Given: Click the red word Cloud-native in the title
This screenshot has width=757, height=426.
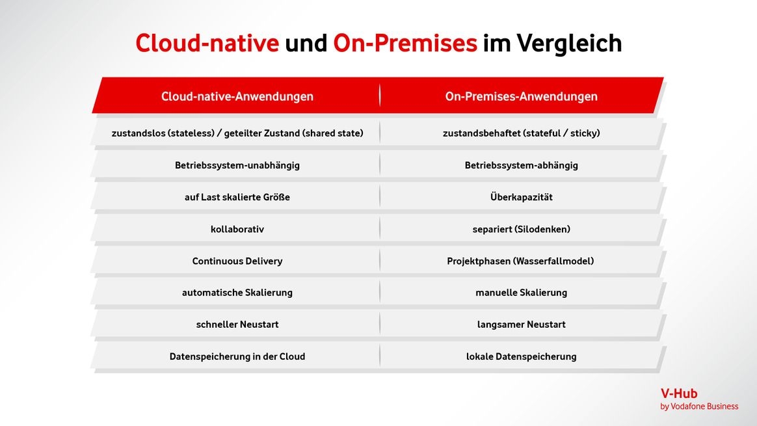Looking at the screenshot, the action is point(207,43).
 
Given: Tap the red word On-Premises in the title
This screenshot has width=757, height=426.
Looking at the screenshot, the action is point(405,43).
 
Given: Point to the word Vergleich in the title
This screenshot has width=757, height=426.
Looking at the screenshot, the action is point(569,44).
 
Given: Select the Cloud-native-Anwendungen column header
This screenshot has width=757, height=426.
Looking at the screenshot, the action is point(237,97).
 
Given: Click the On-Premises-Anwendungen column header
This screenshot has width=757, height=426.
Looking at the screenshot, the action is point(522,97).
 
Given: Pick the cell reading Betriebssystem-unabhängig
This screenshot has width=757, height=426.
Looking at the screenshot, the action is point(237,166).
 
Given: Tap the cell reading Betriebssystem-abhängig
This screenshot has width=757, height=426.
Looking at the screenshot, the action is point(522,166).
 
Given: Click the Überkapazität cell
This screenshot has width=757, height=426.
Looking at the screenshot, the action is point(522,197).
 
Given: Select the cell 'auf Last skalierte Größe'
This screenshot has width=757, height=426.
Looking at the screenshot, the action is point(237,197).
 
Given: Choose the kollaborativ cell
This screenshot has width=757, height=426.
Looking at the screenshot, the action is point(237,229).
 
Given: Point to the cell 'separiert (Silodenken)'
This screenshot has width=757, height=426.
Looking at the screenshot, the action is point(522,230).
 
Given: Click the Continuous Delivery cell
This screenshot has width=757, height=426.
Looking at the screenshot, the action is point(237,261).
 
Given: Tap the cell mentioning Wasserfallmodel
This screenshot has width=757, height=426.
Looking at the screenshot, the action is point(520,261).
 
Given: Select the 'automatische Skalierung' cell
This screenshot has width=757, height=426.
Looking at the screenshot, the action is point(237,293).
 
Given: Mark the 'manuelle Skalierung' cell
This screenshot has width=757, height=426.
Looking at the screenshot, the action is point(522,293).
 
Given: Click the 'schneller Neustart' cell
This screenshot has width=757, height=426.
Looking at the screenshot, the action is point(237,325).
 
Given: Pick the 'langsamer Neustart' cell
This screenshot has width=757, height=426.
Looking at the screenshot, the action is point(522,325).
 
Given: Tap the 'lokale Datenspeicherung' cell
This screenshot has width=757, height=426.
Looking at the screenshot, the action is point(522,356).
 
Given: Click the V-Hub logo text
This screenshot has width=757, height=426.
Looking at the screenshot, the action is point(679,393).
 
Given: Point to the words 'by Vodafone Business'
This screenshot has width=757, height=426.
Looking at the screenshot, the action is point(699,406).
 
